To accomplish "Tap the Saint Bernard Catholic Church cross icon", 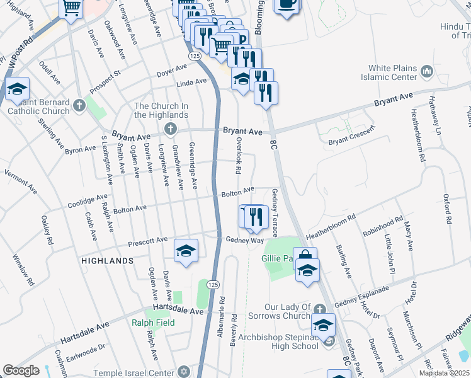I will coord(78,103).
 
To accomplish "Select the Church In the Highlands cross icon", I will coord(169,129).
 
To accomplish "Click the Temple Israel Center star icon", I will coord(183,372).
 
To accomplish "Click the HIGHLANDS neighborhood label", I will coord(107,260).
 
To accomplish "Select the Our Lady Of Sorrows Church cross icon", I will coord(320,309).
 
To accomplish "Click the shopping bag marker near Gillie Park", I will coord(305,257).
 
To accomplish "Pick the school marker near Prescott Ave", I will coord(186,251).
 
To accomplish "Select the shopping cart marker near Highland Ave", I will coord(72,8).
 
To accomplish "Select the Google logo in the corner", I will coord(21,370).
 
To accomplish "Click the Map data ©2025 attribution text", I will coord(445,373).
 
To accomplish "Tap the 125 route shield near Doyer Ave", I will coord(195,56).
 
